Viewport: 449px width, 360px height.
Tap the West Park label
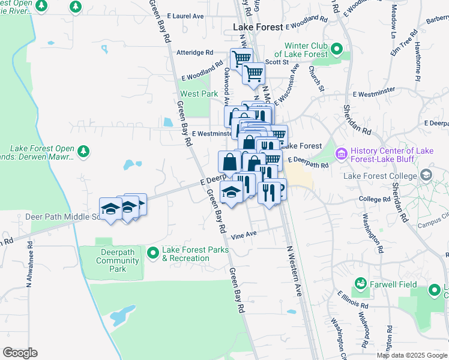pos(199,94)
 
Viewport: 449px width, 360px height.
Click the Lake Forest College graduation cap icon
pos(427,175)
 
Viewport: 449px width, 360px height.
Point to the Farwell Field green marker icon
pos(361,283)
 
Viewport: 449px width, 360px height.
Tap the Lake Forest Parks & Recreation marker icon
pos(152,254)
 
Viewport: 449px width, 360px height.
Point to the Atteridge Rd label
pos(194,53)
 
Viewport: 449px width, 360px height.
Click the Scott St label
pos(277,62)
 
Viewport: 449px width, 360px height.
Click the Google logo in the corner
pos(20,352)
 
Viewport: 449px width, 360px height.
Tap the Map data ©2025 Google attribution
pos(412,356)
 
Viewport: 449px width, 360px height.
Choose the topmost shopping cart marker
pos(241,59)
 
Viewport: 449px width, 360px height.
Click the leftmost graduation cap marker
pos(110,209)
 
